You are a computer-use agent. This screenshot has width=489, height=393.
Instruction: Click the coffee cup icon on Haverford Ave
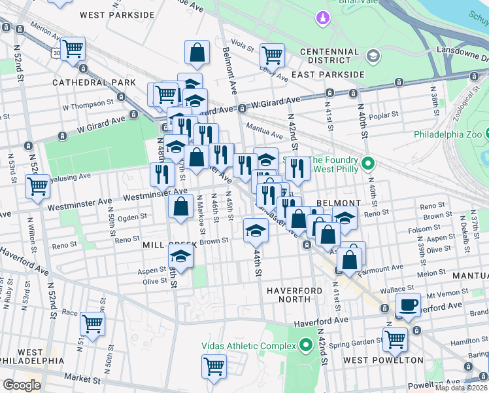(x=409, y=305)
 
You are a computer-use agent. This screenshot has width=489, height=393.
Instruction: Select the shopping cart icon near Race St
(x=92, y=324)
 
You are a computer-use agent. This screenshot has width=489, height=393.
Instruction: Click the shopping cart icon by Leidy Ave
(x=271, y=55)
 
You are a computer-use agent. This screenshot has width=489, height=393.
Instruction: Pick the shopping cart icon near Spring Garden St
(x=396, y=339)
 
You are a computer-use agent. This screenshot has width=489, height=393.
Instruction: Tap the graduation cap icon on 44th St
(x=256, y=229)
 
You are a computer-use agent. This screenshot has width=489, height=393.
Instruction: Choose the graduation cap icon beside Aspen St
(x=181, y=257)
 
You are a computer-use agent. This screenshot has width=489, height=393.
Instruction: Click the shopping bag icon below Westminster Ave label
(x=180, y=207)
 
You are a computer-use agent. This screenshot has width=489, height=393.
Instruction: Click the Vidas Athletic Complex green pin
(x=306, y=345)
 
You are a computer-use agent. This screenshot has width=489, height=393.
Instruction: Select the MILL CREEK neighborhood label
(x=165, y=244)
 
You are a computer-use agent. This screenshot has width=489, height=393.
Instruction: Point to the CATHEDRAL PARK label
(x=94, y=83)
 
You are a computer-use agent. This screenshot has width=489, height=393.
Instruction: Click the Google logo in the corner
(x=22, y=385)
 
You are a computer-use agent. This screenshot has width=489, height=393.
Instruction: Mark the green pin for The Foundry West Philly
(x=367, y=163)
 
